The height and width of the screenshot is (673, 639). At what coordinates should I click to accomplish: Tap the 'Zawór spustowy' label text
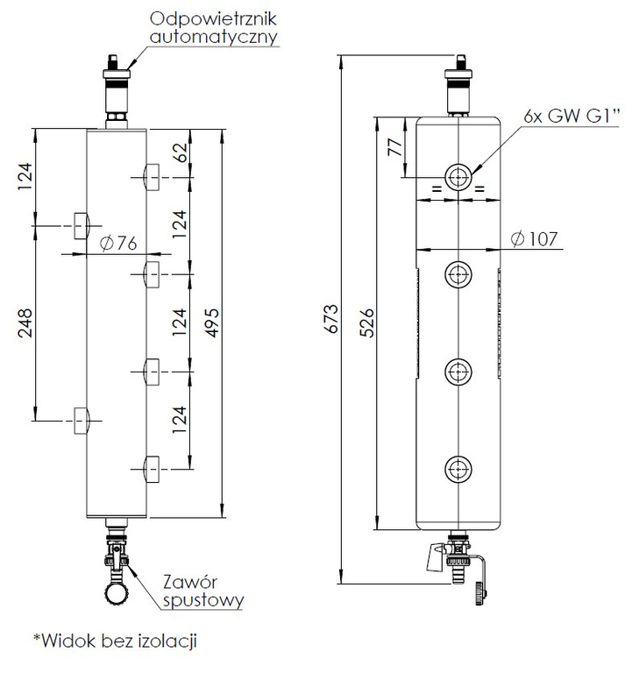202,591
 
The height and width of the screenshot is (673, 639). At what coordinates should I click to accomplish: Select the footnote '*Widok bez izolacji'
115,641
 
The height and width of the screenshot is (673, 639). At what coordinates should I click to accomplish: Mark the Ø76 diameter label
119,244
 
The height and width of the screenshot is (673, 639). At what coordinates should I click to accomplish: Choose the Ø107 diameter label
533,238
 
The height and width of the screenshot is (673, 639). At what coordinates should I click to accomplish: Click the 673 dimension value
330,320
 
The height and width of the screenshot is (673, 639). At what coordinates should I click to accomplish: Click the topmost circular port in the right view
458,177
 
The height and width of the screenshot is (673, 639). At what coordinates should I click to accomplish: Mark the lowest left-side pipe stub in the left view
81,421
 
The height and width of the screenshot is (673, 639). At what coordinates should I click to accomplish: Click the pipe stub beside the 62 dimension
150,177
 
